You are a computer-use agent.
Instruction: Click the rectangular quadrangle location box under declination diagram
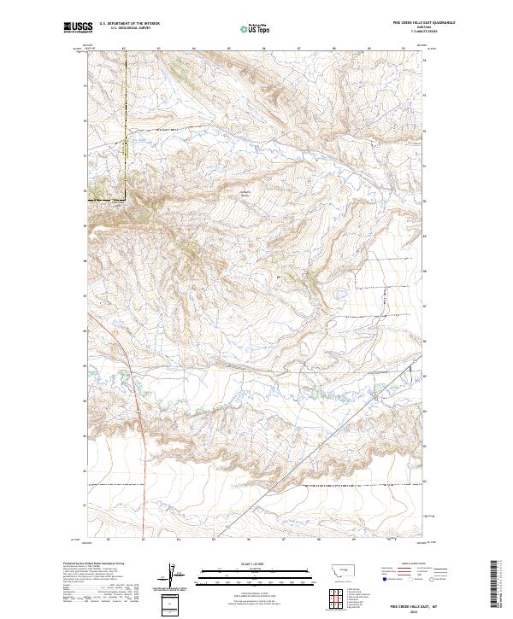170,603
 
